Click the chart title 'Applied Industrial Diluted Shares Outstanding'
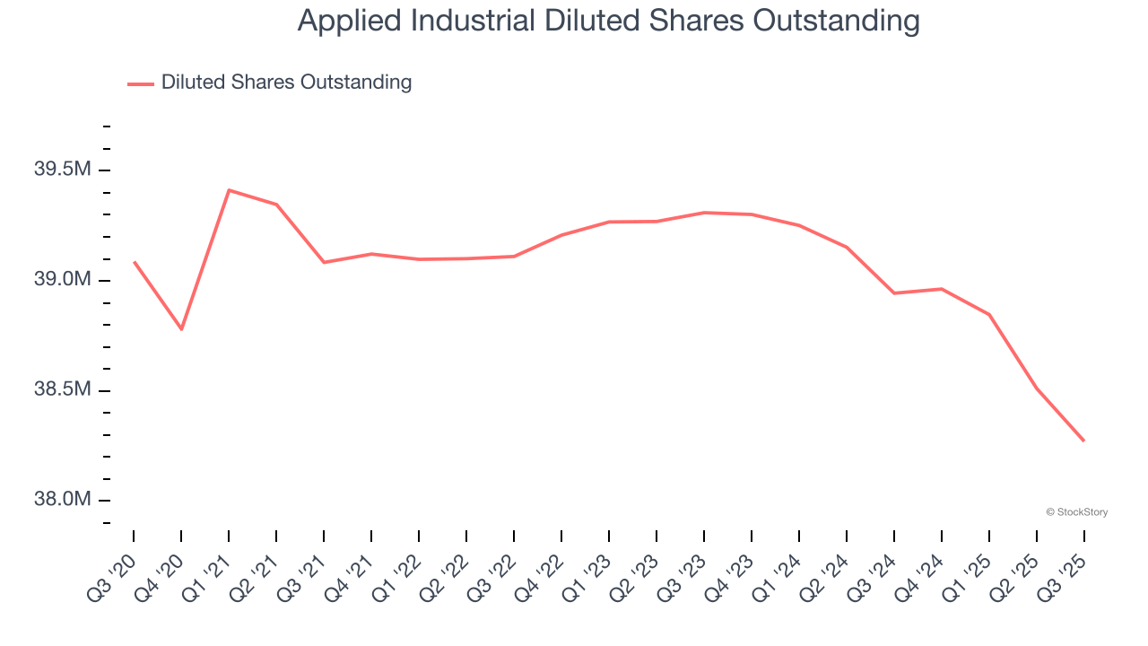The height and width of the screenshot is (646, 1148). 608,21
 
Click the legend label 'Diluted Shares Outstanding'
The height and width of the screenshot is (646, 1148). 286,83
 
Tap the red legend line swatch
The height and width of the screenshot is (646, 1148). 141,83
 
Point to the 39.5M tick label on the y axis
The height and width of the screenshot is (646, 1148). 62,170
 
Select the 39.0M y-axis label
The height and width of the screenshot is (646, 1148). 62,280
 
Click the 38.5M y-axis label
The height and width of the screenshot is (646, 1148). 62,390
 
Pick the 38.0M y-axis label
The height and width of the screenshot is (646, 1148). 62,500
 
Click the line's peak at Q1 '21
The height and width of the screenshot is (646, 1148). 229,190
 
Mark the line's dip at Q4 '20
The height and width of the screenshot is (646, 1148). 181,329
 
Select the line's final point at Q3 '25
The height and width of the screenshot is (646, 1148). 1083,441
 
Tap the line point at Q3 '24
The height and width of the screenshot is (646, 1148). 894,293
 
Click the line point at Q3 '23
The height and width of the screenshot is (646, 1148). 704,213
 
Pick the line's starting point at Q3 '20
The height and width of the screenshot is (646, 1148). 134,262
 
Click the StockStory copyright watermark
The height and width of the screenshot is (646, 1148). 1076,512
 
